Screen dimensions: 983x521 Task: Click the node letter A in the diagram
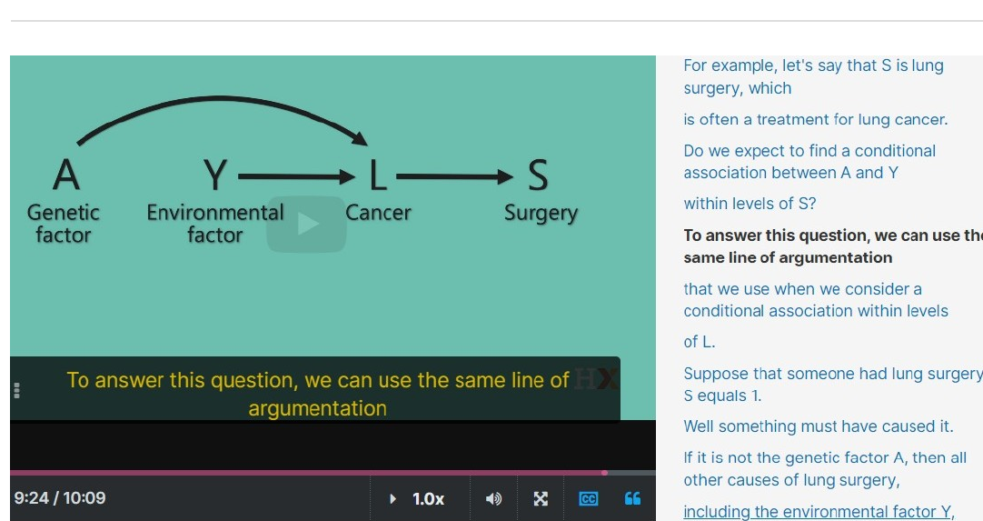coord(66,174)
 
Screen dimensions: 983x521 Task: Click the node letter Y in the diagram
coord(215,175)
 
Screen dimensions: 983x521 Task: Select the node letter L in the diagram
coord(377,175)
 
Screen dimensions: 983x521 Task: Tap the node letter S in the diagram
coord(538,175)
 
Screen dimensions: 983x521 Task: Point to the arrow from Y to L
coord(296,177)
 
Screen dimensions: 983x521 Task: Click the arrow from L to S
coord(454,177)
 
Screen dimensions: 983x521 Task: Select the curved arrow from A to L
coord(220,98)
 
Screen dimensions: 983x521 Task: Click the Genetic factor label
coord(64,224)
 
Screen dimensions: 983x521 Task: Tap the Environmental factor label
coord(215,224)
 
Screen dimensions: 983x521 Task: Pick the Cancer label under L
coord(378,213)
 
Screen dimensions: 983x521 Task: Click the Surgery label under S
coord(541,214)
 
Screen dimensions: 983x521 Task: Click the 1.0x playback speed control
coord(428,499)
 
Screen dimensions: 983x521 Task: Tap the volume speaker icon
coord(493,499)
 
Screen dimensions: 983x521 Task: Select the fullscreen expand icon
coord(541,499)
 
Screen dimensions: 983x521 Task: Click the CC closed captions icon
coord(588,499)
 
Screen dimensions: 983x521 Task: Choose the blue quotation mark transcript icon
coord(632,498)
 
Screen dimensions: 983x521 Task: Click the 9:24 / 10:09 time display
coord(60,498)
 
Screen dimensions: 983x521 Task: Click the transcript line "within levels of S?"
coord(750,204)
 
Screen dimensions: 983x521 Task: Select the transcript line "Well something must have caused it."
coord(819,426)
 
